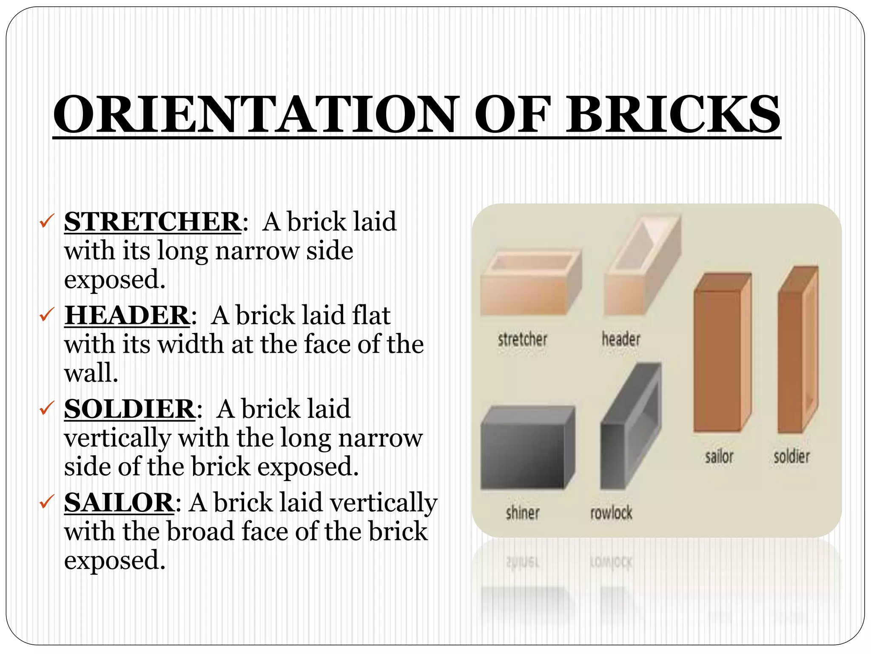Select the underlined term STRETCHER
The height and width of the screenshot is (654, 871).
(153, 221)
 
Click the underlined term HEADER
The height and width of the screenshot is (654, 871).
(127, 315)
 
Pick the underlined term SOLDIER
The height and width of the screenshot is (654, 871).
(130, 409)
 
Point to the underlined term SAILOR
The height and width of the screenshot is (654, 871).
(119, 502)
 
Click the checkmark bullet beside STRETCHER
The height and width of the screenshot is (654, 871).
(46, 221)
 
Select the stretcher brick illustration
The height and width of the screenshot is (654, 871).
(529, 283)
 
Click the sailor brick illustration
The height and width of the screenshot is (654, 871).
(722, 353)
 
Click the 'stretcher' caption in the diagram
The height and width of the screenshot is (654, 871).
(522, 339)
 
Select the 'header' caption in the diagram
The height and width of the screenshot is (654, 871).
(621, 339)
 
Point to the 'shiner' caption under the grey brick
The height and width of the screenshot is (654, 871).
(522, 513)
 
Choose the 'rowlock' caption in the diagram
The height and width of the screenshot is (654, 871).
(611, 513)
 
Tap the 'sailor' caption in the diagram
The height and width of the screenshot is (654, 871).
(719, 457)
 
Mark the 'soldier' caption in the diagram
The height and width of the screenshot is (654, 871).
(791, 457)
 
